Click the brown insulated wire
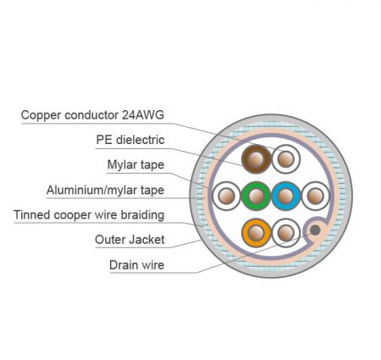[x=256, y=159]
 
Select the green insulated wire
[x=256, y=196]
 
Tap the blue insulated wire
[x=286, y=196]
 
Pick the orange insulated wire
[x=256, y=233]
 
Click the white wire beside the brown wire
[x=286, y=159]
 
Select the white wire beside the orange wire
[x=286, y=233]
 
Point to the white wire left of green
[x=226, y=196]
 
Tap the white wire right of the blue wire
[x=316, y=196]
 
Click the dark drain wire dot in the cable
[x=315, y=230]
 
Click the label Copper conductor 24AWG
[x=92, y=115]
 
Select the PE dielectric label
[x=130, y=140]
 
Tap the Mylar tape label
[x=135, y=165]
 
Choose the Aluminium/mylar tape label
[x=105, y=190]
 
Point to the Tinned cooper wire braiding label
[x=89, y=215]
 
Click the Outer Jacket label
[x=130, y=240]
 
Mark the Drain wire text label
[x=137, y=265]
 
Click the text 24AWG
[x=143, y=115]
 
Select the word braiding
[x=142, y=215]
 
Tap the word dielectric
[x=141, y=140]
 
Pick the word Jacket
[x=147, y=240]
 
